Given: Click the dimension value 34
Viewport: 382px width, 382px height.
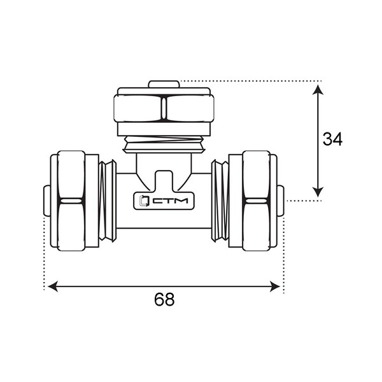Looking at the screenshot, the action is pos(332,139).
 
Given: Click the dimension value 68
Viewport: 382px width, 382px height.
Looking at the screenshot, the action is pos(164,299).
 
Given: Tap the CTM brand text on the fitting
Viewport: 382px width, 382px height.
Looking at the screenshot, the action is pos(170,201).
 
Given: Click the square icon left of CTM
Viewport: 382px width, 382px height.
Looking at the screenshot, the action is pos(143,201).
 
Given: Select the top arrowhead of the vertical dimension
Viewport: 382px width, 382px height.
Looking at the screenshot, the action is pos(318,90).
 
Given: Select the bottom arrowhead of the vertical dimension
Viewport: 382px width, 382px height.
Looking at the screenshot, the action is pos(318,192).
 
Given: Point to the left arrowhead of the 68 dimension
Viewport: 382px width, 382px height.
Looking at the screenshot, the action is pos(53,286).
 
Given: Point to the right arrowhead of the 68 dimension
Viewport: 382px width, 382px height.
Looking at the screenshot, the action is pos(275,286).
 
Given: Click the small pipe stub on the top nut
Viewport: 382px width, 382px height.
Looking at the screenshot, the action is pos(164,84).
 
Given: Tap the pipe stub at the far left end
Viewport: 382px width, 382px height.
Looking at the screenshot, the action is pos(47,201).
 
